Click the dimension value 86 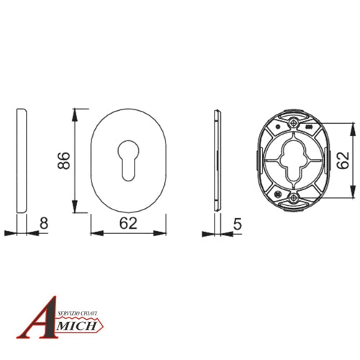(64, 161)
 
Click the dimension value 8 (44, 223)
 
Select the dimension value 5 (238, 224)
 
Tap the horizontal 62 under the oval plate (128, 223)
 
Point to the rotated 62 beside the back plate (343, 160)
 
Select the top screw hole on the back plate (293, 123)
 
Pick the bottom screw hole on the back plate (293, 198)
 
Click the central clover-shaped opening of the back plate (293, 161)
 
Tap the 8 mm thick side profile (22, 161)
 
